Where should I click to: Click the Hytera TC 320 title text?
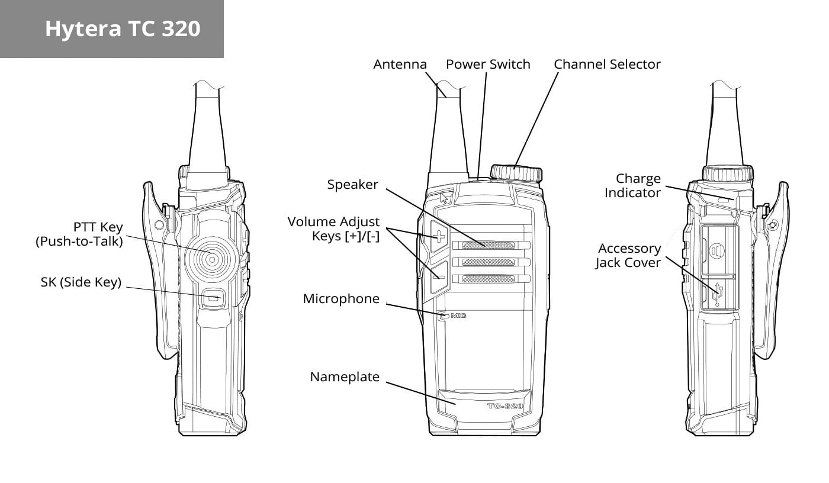[123, 29]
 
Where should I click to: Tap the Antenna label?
[400, 65]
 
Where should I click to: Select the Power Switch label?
[488, 65]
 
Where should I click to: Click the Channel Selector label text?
[607, 65]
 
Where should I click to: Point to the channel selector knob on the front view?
[516, 173]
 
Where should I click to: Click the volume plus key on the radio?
[439, 236]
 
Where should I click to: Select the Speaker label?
[352, 185]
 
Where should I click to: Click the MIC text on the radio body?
[458, 315]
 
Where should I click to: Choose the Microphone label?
[341, 299]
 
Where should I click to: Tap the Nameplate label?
[345, 377]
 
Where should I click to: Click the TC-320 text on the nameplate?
[505, 406]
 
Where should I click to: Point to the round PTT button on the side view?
[212, 260]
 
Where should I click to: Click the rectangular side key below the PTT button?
[213, 298]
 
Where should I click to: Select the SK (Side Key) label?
[81, 282]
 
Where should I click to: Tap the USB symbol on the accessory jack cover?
[718, 294]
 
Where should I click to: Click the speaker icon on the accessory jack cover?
[717, 252]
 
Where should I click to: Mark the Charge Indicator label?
[632, 186]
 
